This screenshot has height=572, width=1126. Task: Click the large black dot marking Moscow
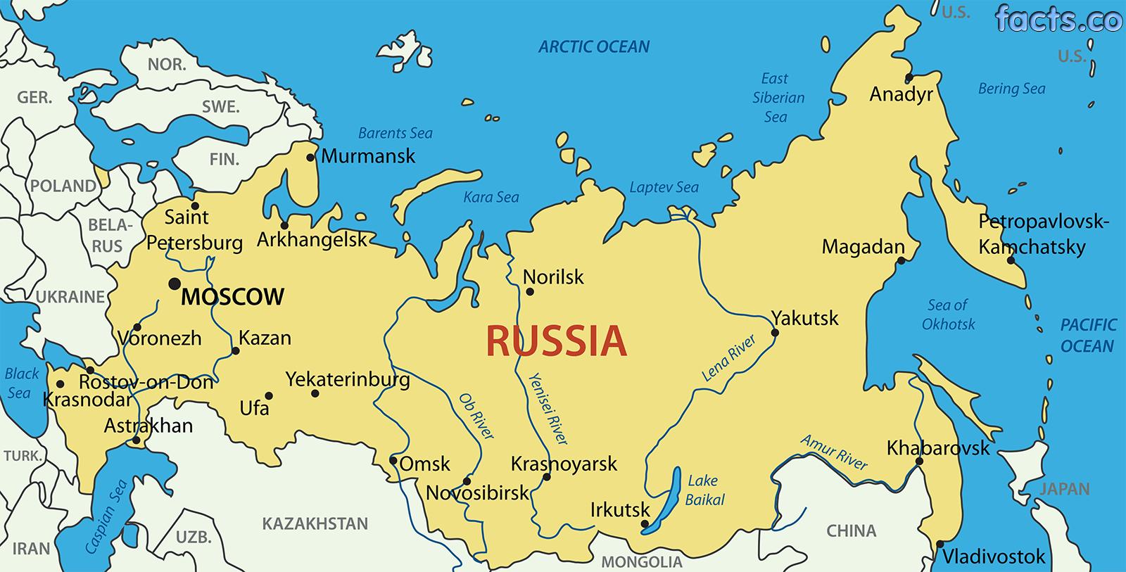[x=174, y=284]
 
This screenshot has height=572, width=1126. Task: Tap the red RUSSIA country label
[x=555, y=341]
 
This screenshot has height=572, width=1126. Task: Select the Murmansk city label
[x=368, y=156]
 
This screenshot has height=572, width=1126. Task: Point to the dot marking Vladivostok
[x=940, y=544]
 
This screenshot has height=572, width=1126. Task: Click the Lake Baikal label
[x=704, y=490]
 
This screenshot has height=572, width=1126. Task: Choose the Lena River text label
[x=729, y=359]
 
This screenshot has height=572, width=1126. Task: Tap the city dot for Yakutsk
[x=775, y=333]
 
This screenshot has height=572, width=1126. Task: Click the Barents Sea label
[x=395, y=133]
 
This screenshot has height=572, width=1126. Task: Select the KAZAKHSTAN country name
[x=315, y=524]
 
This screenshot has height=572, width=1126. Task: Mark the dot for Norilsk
[x=530, y=292]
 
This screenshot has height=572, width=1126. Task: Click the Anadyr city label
[x=901, y=94]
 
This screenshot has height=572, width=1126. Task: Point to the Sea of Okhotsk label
[x=948, y=314]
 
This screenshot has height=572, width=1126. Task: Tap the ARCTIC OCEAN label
[x=594, y=47]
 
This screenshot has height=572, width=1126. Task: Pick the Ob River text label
[x=476, y=416]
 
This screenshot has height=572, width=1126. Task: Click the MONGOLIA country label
[x=641, y=562]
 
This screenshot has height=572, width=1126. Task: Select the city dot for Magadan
[x=900, y=261]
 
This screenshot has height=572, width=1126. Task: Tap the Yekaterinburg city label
[x=348, y=380]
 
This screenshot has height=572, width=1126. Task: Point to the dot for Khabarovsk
[x=919, y=462]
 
